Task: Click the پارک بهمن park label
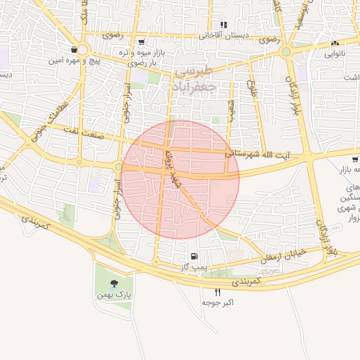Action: coord(113,295)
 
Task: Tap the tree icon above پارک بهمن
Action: coord(114,283)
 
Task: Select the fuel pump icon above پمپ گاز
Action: coord(194,256)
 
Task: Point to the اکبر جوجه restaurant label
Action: coord(217,302)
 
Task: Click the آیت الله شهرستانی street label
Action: coord(267,152)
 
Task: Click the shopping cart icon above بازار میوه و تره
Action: coord(141,42)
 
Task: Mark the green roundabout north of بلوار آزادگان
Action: coord(285,52)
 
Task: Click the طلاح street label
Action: coord(250,89)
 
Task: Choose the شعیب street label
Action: coord(231,109)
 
